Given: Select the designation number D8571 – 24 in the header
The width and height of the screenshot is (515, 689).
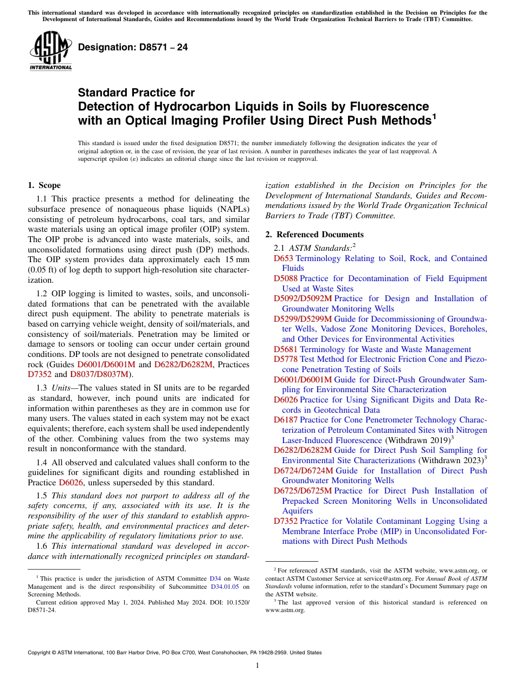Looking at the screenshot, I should (x=133, y=47).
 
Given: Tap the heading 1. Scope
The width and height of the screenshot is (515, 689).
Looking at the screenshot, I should (x=44, y=185).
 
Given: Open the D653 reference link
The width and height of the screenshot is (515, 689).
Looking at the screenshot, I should (x=284, y=258).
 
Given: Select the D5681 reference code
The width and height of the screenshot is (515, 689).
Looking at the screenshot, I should (x=286, y=349).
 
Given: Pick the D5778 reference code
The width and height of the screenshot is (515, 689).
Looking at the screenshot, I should (x=286, y=359).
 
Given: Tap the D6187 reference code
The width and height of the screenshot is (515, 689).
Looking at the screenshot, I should (x=286, y=420).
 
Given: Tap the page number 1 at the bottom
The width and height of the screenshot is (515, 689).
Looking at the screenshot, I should (x=257, y=666).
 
